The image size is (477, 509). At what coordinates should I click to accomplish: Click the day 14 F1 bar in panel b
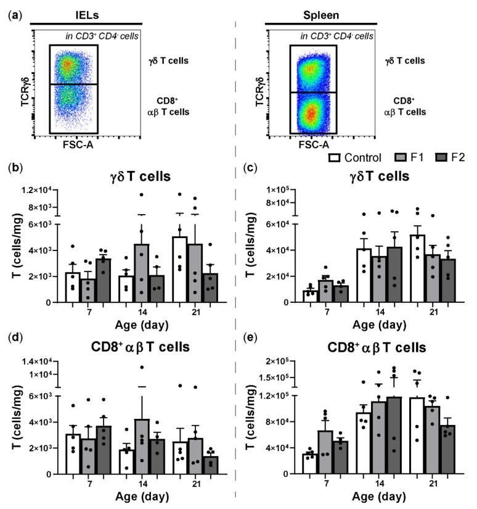141,273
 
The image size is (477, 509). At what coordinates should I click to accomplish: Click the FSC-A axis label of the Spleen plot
313,145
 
